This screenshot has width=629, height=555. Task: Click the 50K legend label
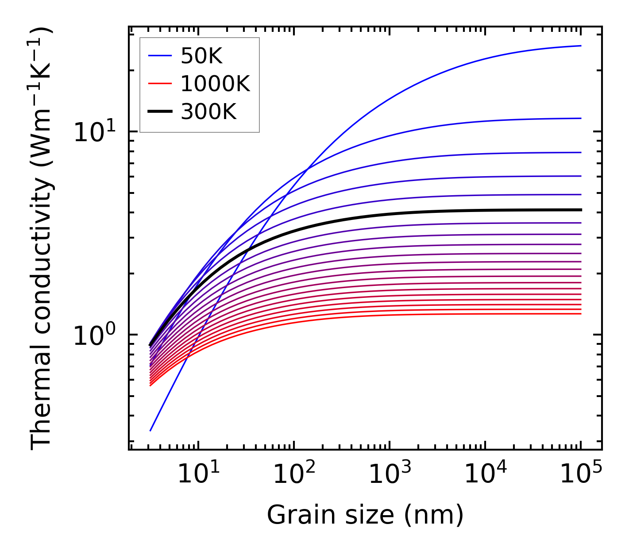tap(201, 56)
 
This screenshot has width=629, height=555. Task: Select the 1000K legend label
tap(215, 84)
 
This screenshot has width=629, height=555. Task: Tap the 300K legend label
tap(208, 112)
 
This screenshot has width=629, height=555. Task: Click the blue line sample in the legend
tap(159, 56)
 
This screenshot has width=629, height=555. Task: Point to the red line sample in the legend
tap(159, 84)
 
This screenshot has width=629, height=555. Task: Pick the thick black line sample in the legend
tap(159, 112)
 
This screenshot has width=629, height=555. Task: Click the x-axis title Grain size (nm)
tap(365, 515)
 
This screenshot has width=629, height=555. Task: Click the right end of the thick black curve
tap(580, 210)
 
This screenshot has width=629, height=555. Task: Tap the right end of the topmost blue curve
tap(580, 46)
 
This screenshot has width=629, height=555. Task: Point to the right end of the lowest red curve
tap(580, 314)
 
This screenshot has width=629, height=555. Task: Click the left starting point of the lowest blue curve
tap(150, 430)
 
